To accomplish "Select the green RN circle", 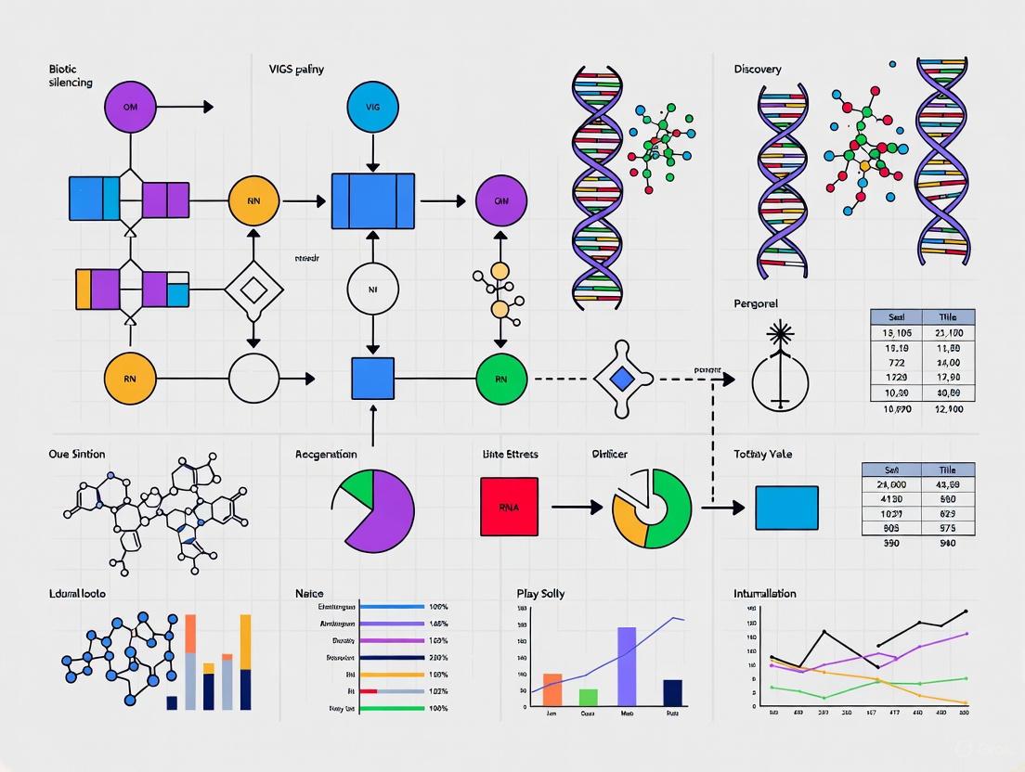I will [501, 379].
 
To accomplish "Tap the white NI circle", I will [372, 289].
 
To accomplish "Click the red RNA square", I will [509, 507].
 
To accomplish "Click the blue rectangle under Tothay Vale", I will [786, 508].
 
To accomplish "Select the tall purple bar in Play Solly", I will [626, 667].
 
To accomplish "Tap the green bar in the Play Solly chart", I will [588, 698].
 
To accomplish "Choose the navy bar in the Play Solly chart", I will [673, 693].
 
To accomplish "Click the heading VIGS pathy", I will [297, 70].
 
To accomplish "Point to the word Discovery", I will [757, 70].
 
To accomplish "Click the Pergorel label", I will [755, 303].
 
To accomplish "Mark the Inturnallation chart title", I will [764, 594].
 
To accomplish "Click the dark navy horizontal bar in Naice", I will [392, 657].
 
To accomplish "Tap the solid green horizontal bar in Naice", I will [392, 708].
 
